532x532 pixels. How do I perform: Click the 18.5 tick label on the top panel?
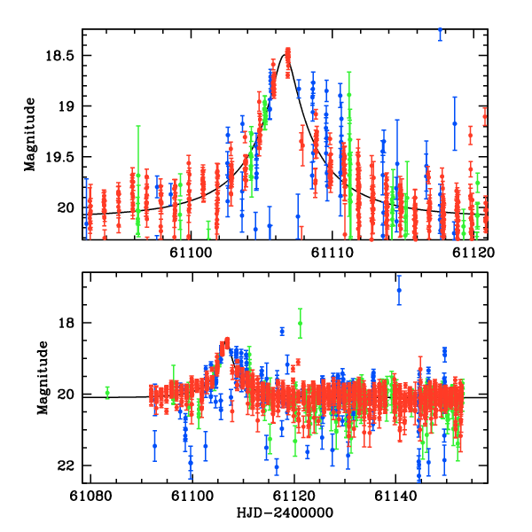(x=63, y=55)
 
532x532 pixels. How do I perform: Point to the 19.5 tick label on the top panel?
(x=63, y=157)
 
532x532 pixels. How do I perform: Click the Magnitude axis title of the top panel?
(x=30, y=135)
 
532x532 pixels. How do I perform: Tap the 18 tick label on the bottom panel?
(x=68, y=323)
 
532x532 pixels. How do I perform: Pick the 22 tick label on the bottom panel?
(x=68, y=465)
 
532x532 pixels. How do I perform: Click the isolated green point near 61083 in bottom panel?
(x=107, y=392)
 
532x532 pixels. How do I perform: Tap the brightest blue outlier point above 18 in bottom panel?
(x=399, y=290)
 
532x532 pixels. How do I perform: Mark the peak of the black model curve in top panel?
(x=284, y=54)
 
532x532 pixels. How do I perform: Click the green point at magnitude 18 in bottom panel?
(x=301, y=323)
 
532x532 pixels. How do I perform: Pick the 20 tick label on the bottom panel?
(x=68, y=395)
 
